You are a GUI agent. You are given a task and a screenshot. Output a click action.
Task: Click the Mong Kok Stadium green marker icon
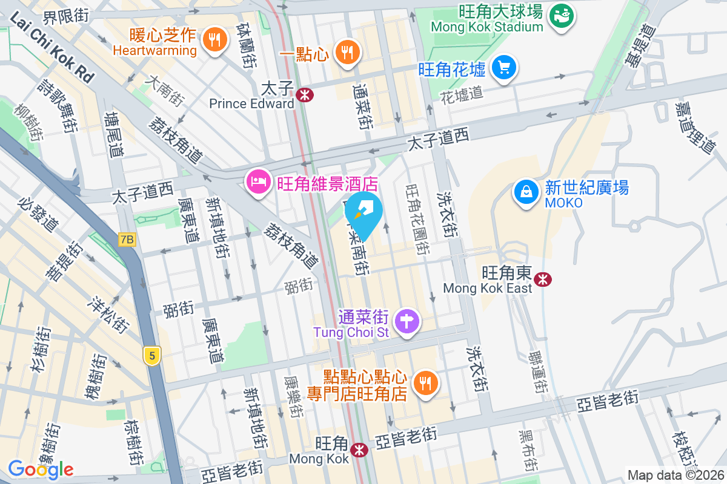pyautogui.click(x=562, y=15)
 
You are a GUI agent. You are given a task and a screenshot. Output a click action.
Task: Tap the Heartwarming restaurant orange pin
pyautogui.click(x=214, y=40)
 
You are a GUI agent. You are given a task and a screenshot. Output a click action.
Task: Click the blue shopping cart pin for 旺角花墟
pyautogui.click(x=503, y=67)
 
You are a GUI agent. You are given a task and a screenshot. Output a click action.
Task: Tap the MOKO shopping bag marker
pyautogui.click(x=526, y=192)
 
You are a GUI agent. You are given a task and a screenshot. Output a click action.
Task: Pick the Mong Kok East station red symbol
pyautogui.click(x=543, y=278)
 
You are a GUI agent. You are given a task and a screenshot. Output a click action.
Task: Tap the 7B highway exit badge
pyautogui.click(x=127, y=240)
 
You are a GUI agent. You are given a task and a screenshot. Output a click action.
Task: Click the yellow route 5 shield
pyautogui.click(x=152, y=356)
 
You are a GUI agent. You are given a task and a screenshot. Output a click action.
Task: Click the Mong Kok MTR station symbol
pyautogui.click(x=359, y=450)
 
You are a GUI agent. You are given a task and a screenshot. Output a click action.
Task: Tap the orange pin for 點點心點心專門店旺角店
pyautogui.click(x=426, y=384)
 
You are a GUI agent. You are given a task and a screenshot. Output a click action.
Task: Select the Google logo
pyautogui.click(x=41, y=469)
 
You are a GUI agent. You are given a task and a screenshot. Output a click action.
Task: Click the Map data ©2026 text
pyautogui.click(x=676, y=475)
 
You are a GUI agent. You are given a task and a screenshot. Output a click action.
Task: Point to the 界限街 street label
pyautogui.click(x=67, y=16)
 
